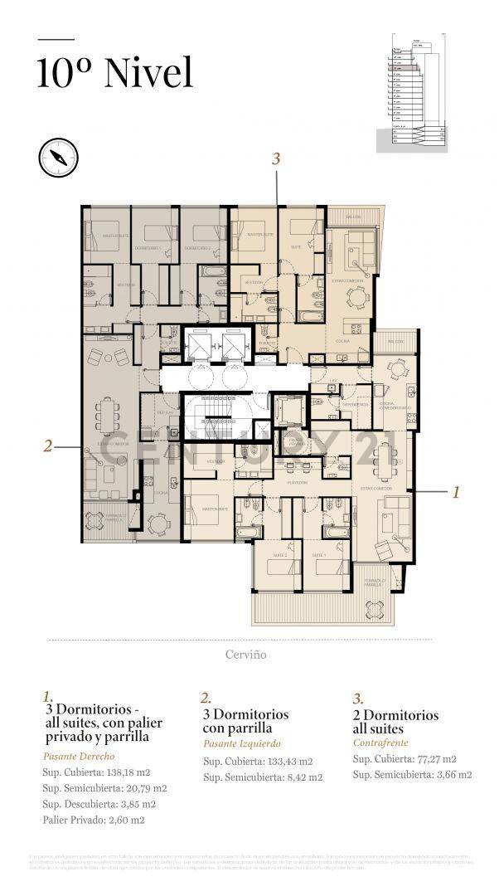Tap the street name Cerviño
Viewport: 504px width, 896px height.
[245, 655]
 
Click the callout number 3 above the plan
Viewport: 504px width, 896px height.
[277, 158]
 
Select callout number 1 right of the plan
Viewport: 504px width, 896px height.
[455, 492]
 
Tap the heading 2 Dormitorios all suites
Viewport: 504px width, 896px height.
[395, 722]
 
